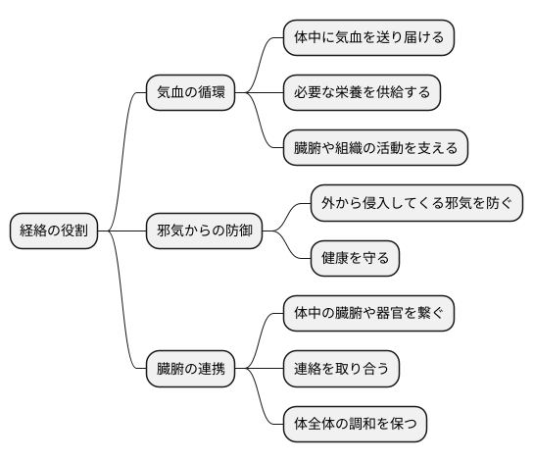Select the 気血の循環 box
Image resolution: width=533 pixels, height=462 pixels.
pyautogui.click(x=190, y=93)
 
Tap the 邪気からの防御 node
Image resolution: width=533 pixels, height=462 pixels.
pyautogui.click(x=204, y=231)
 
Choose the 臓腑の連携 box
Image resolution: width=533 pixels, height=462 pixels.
pyautogui.click(x=190, y=370)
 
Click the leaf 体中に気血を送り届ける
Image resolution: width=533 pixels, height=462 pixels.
pyautogui.click(x=368, y=38)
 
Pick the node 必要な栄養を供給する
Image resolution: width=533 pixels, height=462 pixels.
pyautogui.click(x=362, y=93)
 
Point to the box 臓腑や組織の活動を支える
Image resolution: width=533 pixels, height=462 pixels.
pyautogui.click(x=375, y=149)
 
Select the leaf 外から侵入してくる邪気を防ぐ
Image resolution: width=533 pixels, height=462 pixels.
pyautogui.click(x=415, y=204)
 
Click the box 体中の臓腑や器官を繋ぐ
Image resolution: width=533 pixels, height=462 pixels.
pyautogui.click(x=368, y=314)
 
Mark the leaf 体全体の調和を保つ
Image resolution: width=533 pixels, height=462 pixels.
pyautogui.click(x=355, y=425)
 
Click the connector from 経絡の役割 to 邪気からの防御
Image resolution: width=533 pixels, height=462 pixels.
pyautogui.click(x=125, y=231)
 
